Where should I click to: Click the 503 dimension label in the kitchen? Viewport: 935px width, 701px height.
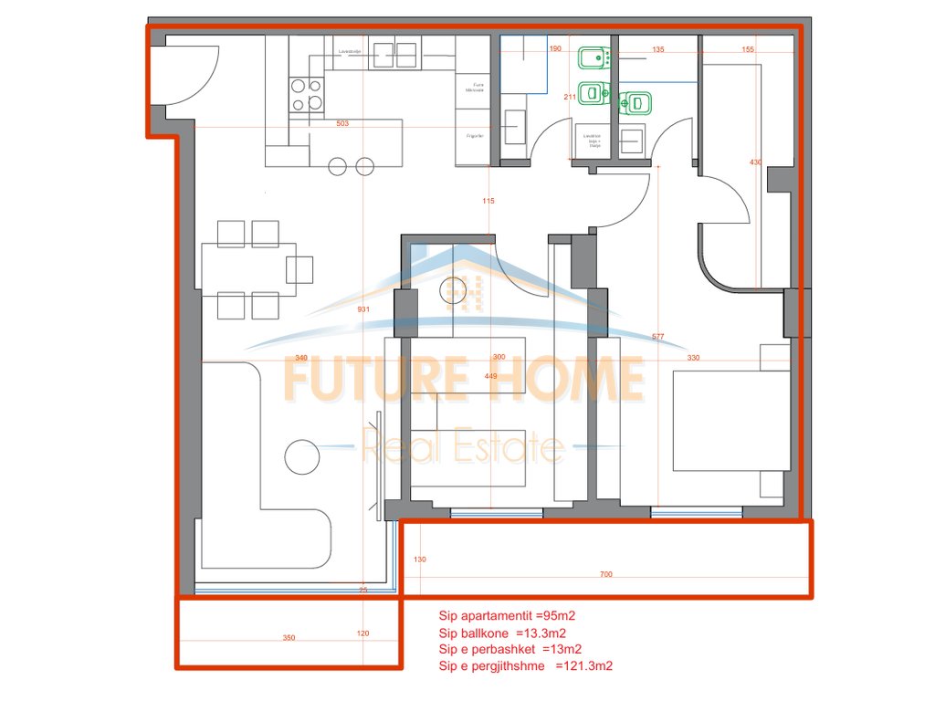[343, 123]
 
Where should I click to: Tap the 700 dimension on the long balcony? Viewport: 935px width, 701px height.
[606, 574]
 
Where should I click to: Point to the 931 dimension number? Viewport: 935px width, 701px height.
[363, 309]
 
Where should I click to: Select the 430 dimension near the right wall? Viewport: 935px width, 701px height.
[755, 162]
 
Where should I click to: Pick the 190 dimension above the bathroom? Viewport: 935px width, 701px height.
[554, 48]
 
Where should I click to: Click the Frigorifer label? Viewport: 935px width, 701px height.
[474, 135]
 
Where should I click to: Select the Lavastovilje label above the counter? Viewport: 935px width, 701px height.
[351, 52]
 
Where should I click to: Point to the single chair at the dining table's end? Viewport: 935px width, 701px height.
[299, 269]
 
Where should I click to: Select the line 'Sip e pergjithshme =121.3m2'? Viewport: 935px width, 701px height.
[525, 665]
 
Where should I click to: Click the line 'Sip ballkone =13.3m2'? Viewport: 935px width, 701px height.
[494, 633]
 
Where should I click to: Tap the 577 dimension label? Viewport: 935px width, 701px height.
[657, 337]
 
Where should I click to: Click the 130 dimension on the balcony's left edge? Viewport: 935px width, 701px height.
[420, 559]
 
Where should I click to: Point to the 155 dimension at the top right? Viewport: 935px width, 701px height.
[748, 50]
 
